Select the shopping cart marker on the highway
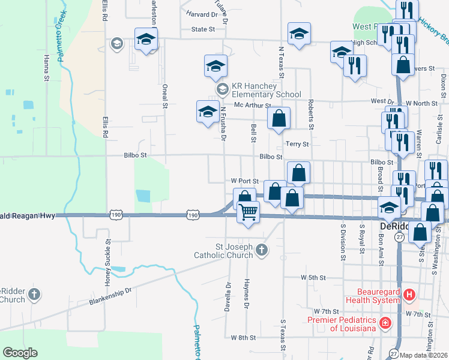pos(248,212)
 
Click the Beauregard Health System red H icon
pos(409,295)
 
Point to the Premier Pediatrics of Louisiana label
pos(342,323)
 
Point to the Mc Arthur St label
pos(253,105)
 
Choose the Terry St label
pos(297,144)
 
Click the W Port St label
pos(244,181)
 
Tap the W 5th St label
pos(313,278)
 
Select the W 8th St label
pos(243,338)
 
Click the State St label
pos(203,29)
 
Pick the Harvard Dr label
pos(201,14)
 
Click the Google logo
pos(20,353)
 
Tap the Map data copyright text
pos(424,355)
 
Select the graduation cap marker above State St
pos(298,35)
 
